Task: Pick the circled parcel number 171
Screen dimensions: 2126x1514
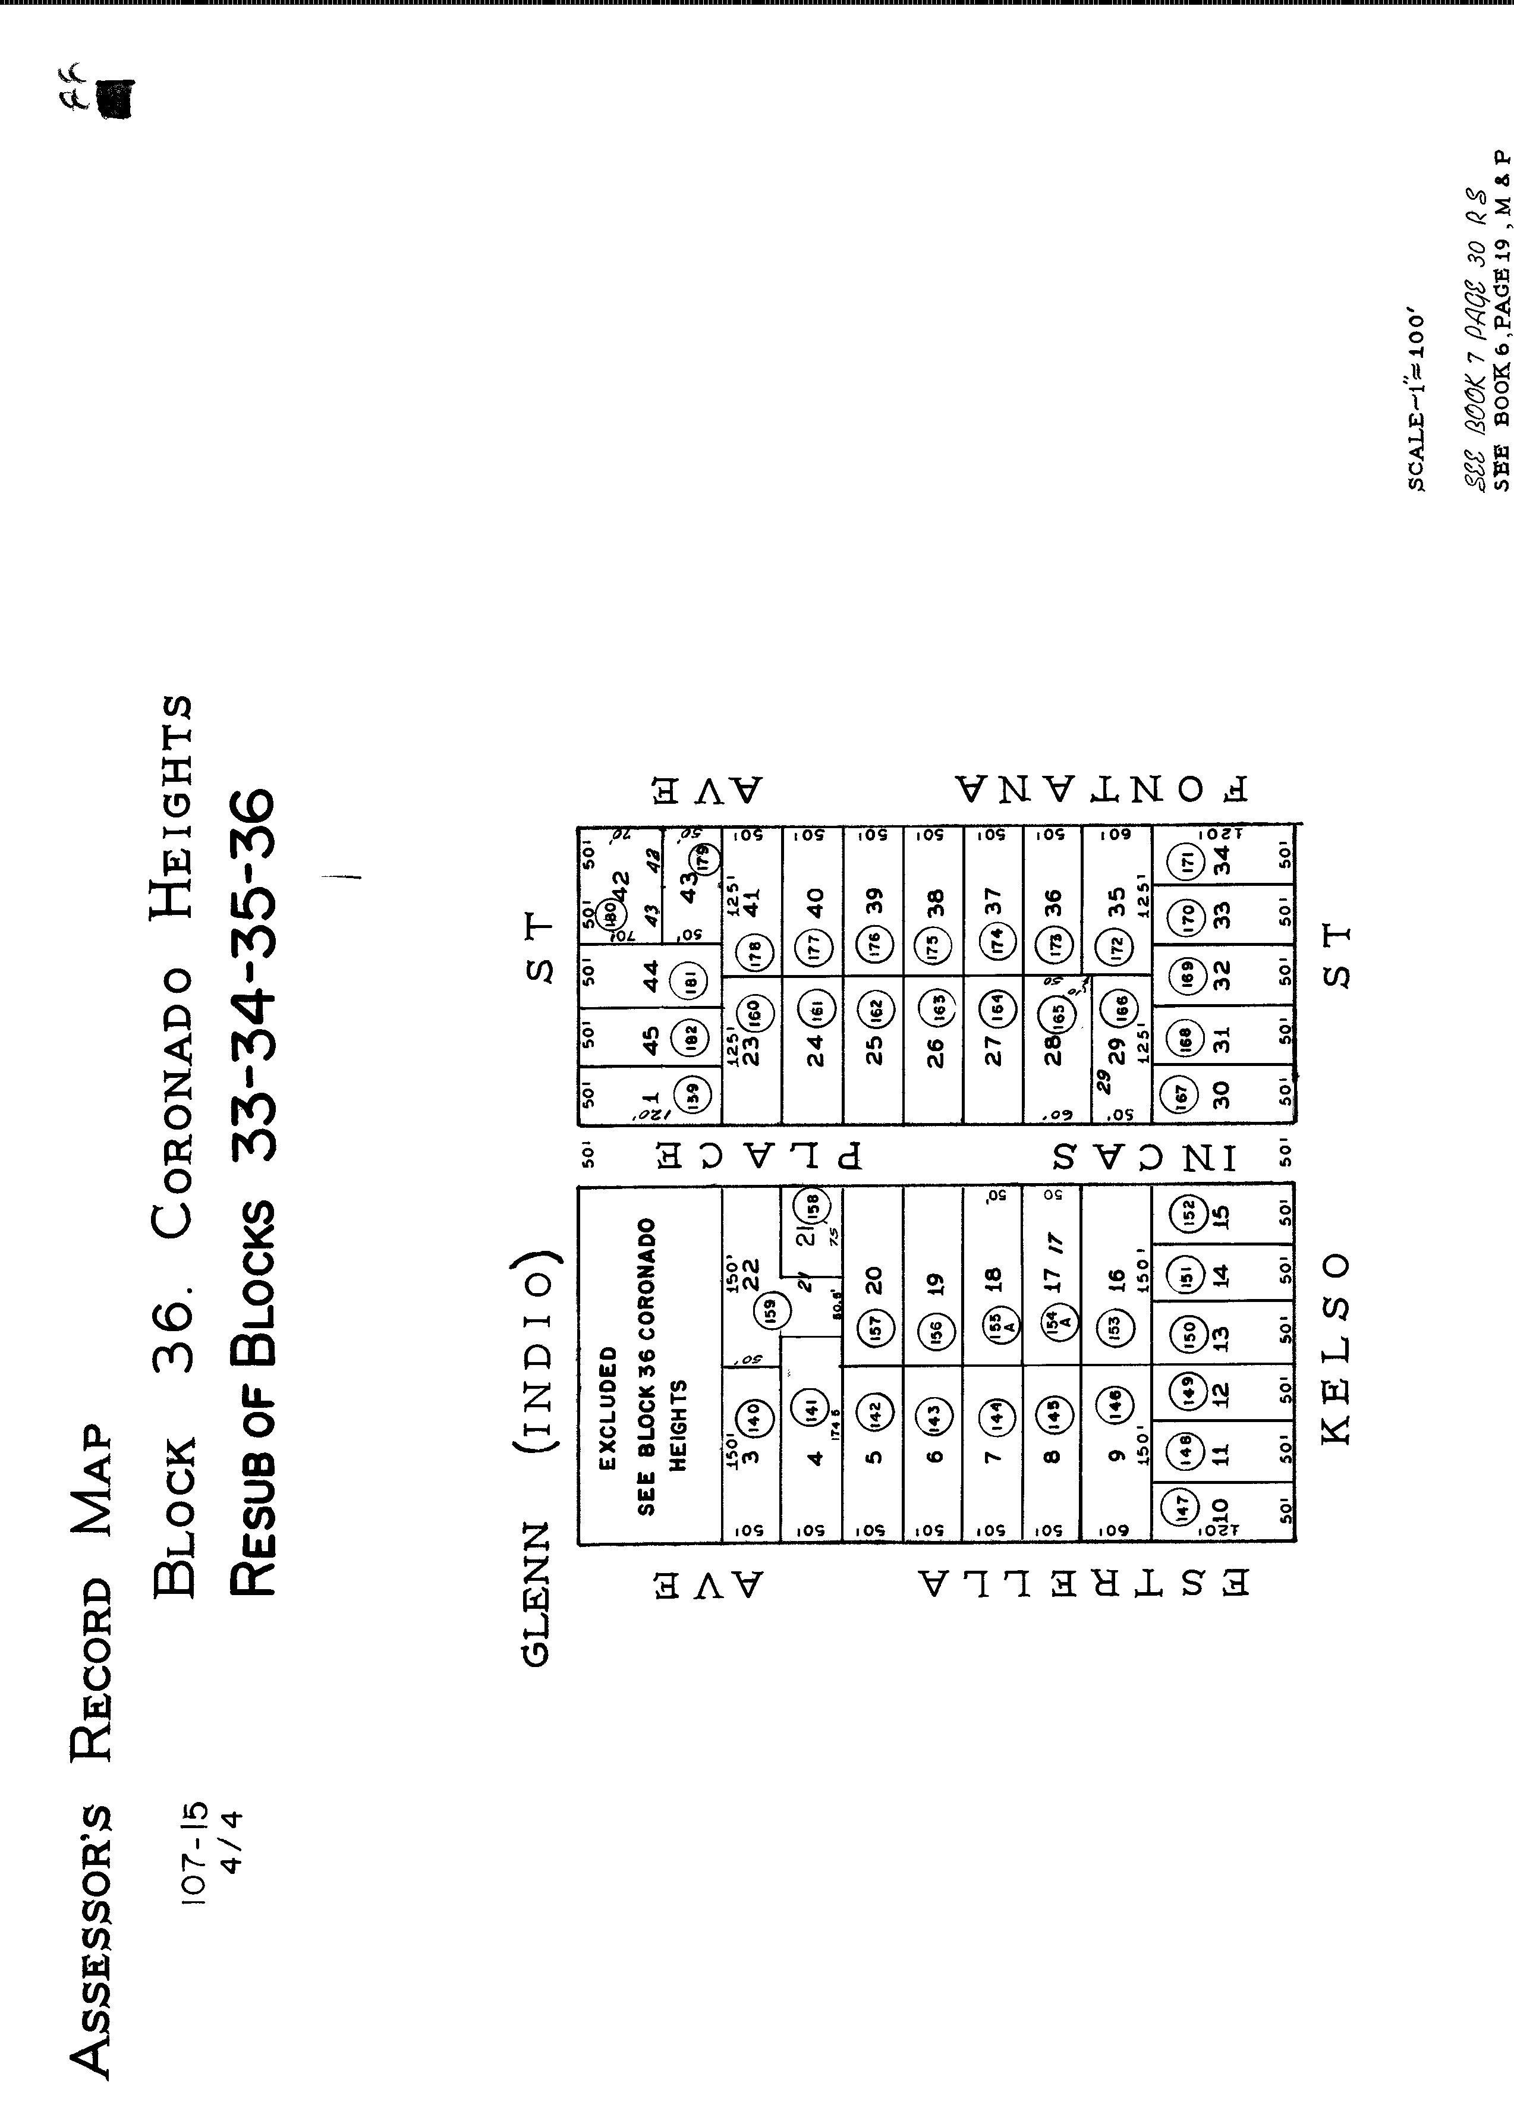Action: pyautogui.click(x=1188, y=860)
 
